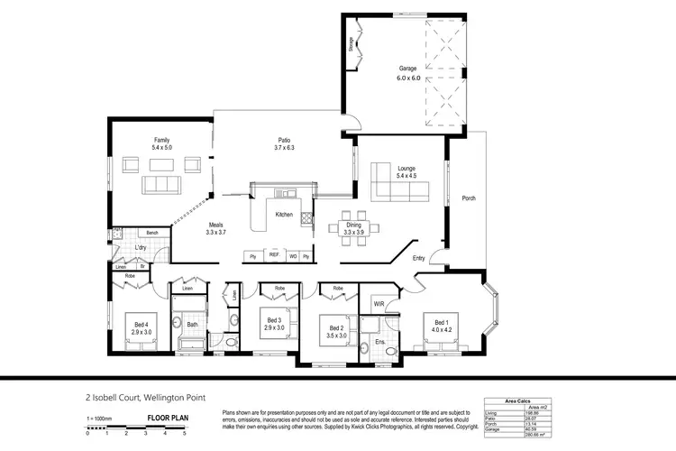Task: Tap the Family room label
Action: (x=161, y=141)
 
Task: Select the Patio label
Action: (x=284, y=141)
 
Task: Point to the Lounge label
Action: (x=407, y=168)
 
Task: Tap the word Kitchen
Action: (x=284, y=214)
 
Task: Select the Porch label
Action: (x=468, y=198)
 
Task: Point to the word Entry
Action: (x=419, y=258)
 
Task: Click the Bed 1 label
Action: (x=441, y=322)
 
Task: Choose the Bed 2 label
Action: (x=336, y=328)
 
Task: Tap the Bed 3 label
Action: (x=274, y=319)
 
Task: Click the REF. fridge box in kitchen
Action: (x=274, y=256)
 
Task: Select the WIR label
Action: (x=379, y=304)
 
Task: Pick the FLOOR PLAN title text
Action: (x=168, y=419)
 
